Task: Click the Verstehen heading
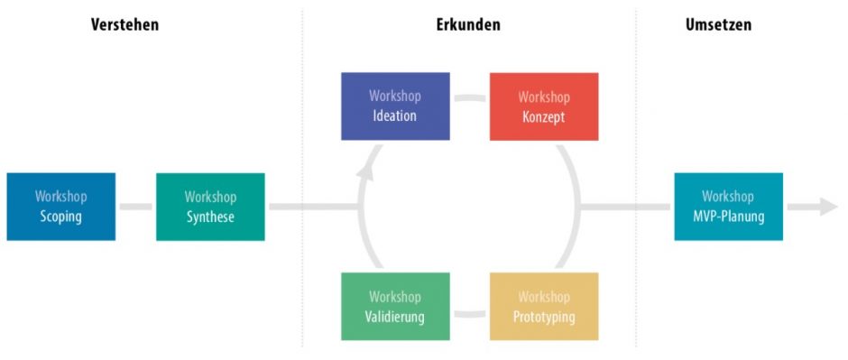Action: coord(124,24)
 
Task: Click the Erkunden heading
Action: coord(462,24)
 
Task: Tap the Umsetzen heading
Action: coord(718,24)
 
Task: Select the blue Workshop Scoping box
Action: coord(61,207)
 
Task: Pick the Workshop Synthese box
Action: coord(210,207)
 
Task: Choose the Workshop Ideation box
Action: coord(395,106)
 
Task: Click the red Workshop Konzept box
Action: coord(544,106)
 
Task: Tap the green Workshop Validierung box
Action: coord(395,307)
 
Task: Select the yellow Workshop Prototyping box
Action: coord(544,307)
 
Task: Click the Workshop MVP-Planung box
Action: coord(728,207)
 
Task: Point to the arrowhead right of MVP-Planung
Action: coord(829,207)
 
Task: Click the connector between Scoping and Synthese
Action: coord(135,207)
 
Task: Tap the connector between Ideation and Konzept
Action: coord(469,97)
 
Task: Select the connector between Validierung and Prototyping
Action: coord(469,315)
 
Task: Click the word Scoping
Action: coord(61,217)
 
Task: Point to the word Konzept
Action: coord(544,116)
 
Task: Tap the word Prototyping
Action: coord(544,317)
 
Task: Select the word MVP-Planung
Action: coord(728,217)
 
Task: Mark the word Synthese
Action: coord(210,217)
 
